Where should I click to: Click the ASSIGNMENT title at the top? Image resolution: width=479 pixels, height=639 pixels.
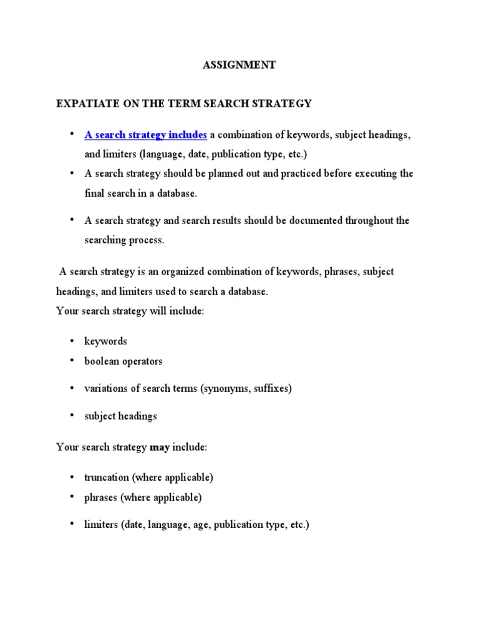pyautogui.click(x=239, y=65)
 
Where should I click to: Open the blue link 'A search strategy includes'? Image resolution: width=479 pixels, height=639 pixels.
pyautogui.click(x=145, y=135)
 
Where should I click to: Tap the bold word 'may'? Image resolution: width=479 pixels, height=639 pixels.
pyautogui.click(x=160, y=447)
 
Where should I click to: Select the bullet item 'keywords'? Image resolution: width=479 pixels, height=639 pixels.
pyautogui.click(x=105, y=341)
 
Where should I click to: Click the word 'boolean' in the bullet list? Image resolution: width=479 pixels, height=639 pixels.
pyautogui.click(x=102, y=361)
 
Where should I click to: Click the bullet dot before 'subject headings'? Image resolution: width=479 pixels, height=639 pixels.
pyautogui.click(x=72, y=415)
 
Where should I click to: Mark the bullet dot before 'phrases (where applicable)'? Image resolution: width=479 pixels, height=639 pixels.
pyautogui.click(x=72, y=497)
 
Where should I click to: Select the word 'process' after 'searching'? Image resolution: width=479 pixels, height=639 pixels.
pyautogui.click(x=145, y=241)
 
